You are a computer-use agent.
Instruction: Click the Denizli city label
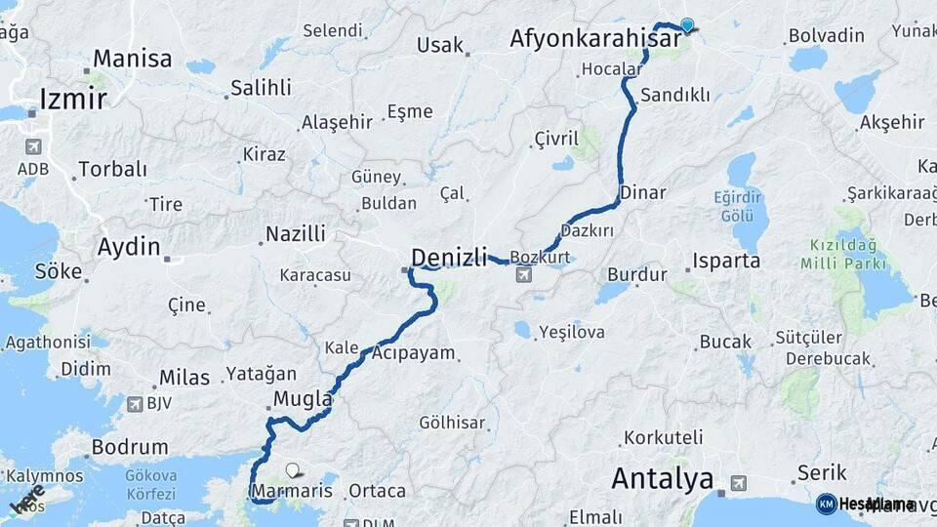449,258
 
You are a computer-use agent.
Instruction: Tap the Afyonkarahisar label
595,39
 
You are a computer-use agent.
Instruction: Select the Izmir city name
71,98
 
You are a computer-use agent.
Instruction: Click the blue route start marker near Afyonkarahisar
687,25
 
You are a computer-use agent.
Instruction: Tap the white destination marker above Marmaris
291,470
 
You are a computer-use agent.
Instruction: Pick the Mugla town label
303,399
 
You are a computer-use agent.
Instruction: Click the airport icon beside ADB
33,147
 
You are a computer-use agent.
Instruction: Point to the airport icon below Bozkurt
524,276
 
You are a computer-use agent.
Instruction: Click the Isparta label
726,262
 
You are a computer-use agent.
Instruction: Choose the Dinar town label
642,191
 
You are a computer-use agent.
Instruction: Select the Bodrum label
116,448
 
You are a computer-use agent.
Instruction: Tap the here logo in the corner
26,499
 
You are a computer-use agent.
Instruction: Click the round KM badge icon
826,504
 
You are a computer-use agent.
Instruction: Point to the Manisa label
133,59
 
